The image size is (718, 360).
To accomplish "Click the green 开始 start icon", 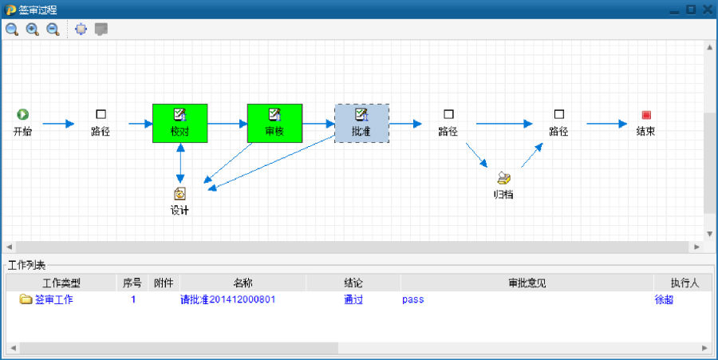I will pyautogui.click(x=23, y=115).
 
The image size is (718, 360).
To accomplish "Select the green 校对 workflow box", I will pyautogui.click(x=179, y=123).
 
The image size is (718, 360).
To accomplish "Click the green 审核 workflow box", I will pyautogui.click(x=274, y=123).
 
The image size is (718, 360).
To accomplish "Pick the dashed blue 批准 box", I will pyautogui.click(x=361, y=123).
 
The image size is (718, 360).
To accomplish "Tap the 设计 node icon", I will pyautogui.click(x=180, y=193).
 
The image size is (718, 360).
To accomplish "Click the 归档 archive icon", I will pyautogui.click(x=503, y=177).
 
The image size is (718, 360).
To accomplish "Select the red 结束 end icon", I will pyautogui.click(x=646, y=115).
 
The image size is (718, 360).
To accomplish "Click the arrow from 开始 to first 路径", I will pyautogui.click(x=57, y=124).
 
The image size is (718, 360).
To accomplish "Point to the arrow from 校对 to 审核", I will pyautogui.click(x=227, y=124).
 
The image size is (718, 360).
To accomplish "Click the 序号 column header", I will pyautogui.click(x=132, y=283).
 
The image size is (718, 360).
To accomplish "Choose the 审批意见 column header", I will pyautogui.click(x=527, y=283).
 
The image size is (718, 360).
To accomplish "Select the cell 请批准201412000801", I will pyautogui.click(x=227, y=300).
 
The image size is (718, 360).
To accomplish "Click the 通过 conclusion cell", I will pyautogui.click(x=353, y=300).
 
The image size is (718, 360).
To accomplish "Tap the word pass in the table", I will pyautogui.click(x=412, y=300).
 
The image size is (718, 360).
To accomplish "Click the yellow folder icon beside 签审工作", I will pyautogui.click(x=26, y=299).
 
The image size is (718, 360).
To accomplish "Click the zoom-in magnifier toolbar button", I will pyautogui.click(x=33, y=30).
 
